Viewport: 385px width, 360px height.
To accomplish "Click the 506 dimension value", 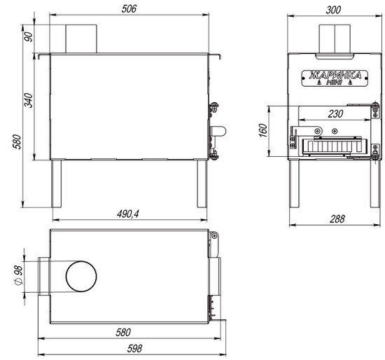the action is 129,9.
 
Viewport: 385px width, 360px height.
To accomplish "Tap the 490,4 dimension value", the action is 127,214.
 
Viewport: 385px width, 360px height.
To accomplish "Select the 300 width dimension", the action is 333,10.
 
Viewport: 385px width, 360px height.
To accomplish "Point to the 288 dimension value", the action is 337,219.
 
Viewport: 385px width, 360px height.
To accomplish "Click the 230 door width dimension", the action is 335,114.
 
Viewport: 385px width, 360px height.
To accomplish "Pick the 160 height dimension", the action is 263,130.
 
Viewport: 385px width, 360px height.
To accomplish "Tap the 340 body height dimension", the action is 29,100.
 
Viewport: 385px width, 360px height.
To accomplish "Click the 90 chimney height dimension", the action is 29,37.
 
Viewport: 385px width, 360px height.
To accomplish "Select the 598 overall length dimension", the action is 134,349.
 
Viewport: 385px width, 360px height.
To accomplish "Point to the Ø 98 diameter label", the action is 19,275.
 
